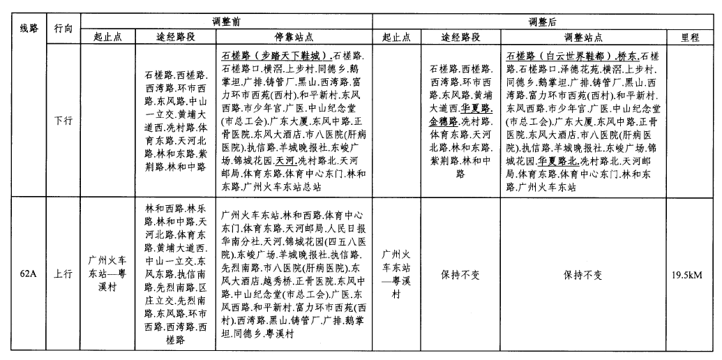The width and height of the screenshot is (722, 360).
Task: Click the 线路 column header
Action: click(x=28, y=29)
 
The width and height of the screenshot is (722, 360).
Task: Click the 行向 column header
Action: click(x=63, y=29)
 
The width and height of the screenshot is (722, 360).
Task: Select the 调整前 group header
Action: click(x=226, y=22)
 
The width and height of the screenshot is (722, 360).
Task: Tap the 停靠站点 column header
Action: click(x=294, y=38)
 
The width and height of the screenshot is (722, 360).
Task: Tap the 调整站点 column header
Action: click(x=583, y=38)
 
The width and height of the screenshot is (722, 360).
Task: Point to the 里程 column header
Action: click(x=690, y=38)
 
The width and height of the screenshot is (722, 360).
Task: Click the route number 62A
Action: click(x=28, y=274)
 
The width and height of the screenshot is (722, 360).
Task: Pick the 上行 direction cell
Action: click(x=63, y=274)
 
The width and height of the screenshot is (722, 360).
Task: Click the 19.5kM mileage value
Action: click(x=690, y=275)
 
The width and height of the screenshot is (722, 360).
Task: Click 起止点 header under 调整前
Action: click(x=107, y=38)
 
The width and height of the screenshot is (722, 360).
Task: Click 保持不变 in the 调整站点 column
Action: click(x=583, y=275)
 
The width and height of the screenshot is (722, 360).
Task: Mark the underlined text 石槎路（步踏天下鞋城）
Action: click(x=274, y=55)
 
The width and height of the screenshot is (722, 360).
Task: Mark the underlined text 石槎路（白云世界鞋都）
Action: click(x=560, y=55)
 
